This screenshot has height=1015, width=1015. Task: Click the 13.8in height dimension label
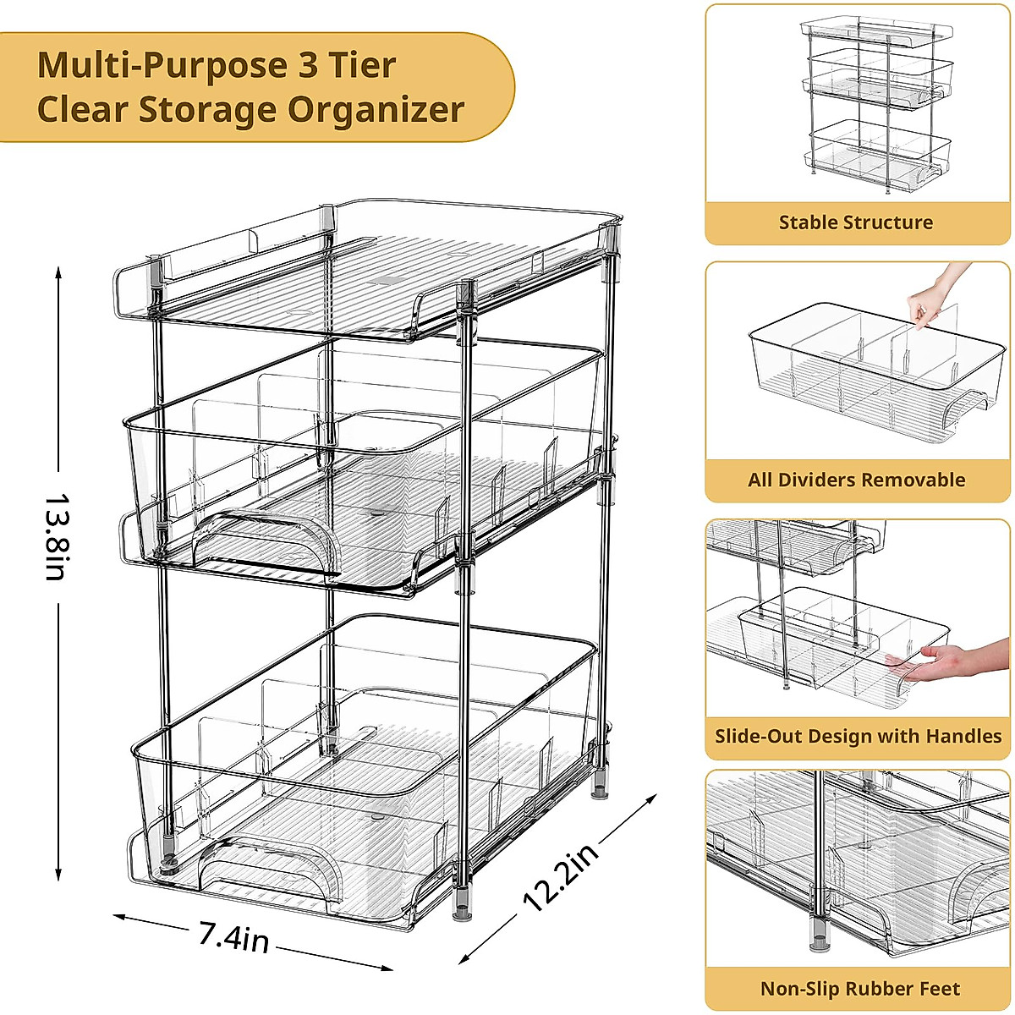[x=54, y=536]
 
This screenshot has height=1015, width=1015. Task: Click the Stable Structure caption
[x=856, y=222]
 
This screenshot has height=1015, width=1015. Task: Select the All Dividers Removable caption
[x=856, y=480]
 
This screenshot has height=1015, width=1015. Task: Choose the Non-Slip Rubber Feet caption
[x=859, y=989]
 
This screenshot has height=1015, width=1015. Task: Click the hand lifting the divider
[x=935, y=296]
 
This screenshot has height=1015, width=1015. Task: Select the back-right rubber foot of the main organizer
[x=601, y=793]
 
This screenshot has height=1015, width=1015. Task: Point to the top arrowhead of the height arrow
[x=58, y=272]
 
